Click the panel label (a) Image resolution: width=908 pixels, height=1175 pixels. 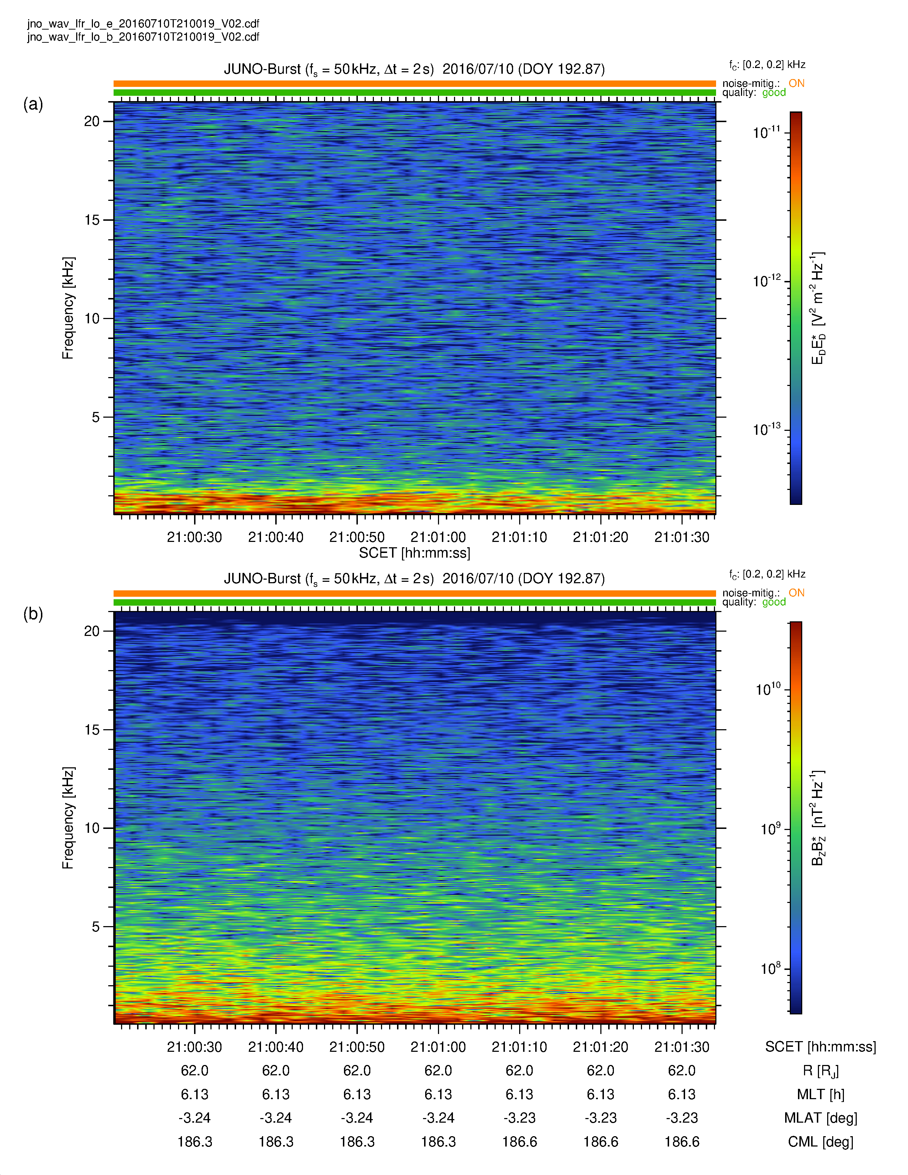tap(33, 104)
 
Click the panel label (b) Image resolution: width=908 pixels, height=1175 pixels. tap(33, 613)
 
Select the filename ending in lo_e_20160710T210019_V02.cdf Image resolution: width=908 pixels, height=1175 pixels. tap(143, 23)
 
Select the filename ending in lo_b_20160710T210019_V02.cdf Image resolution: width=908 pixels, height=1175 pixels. tap(143, 37)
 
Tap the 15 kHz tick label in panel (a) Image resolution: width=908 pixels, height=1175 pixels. tap(92, 220)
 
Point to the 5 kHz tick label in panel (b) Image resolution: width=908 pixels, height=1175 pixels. tap(96, 926)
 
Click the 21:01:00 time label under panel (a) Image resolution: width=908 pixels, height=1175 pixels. tap(438, 537)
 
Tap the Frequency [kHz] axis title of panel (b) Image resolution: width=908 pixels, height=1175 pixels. tap(68, 818)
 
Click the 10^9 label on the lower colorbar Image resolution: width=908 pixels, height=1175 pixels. tap(770, 829)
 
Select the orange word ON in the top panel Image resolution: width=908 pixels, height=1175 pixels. tap(796, 83)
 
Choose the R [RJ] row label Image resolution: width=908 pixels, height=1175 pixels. tap(820, 1071)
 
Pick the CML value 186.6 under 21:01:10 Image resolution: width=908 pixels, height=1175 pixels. tap(519, 1141)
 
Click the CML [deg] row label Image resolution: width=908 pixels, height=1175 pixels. tap(820, 1141)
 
